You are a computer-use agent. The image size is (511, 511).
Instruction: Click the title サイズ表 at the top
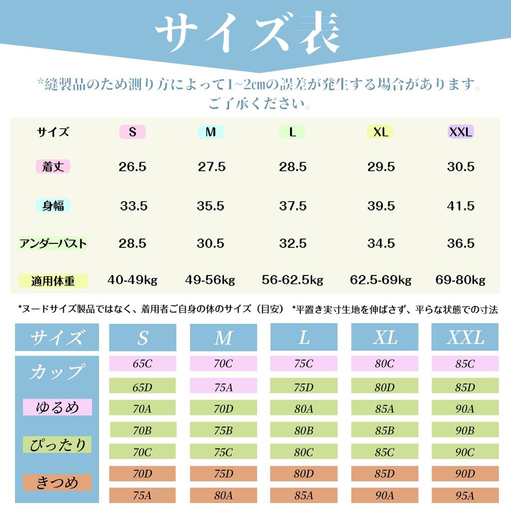pos(248,35)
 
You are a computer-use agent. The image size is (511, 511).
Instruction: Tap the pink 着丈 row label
pos(53,167)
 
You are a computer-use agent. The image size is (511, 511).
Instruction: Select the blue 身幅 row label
pos(53,206)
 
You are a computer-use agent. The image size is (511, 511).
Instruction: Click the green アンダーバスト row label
pos(53,244)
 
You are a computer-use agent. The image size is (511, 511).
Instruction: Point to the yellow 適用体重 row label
pos(53,280)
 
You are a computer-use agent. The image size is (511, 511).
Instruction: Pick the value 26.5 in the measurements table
pos(132,167)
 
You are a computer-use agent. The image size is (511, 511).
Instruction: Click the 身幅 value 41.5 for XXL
pos(460,206)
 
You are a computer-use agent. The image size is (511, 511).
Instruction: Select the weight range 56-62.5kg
pos(292,280)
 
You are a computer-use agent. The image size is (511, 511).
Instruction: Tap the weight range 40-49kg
pos(132,280)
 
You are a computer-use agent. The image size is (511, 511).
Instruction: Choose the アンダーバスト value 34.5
pos(381,244)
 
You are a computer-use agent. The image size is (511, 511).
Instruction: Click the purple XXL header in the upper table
pos(461,132)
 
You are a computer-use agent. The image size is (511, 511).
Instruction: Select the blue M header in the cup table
pos(223,338)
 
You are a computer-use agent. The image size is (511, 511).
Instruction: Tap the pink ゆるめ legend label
pos(57,407)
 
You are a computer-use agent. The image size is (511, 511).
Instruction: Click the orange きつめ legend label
pos(57,483)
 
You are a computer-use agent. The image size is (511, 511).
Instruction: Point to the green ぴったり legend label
pos(57,445)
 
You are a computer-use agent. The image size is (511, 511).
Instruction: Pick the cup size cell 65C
pos(142,364)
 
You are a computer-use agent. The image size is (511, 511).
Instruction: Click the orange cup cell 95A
pos(465,495)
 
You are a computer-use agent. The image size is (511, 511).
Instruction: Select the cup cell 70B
pos(142,430)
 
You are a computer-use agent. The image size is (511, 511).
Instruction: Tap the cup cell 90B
pos(465,430)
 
